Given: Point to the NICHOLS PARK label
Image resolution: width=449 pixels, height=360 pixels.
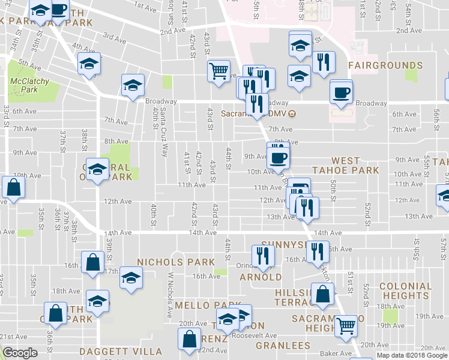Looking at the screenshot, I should [x=176, y=262].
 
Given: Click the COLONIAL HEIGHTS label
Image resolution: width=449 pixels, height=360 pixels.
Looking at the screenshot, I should [x=404, y=291].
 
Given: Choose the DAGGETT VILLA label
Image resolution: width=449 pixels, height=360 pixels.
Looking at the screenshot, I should [x=122, y=351].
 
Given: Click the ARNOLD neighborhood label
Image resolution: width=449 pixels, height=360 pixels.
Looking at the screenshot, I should [x=261, y=277].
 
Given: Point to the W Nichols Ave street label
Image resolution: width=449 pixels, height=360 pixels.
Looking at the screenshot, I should [x=170, y=295].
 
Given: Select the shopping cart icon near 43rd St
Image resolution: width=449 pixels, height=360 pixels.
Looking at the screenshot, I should [x=219, y=71].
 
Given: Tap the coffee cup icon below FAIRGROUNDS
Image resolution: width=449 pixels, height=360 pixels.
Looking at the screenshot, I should [x=341, y=93].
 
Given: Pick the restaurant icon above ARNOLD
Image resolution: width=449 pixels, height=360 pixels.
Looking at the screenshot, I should [x=262, y=254].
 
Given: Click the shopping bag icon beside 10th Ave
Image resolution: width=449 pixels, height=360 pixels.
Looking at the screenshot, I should [x=13, y=187].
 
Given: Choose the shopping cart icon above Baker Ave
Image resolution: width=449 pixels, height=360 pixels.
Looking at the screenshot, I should [x=346, y=326].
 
